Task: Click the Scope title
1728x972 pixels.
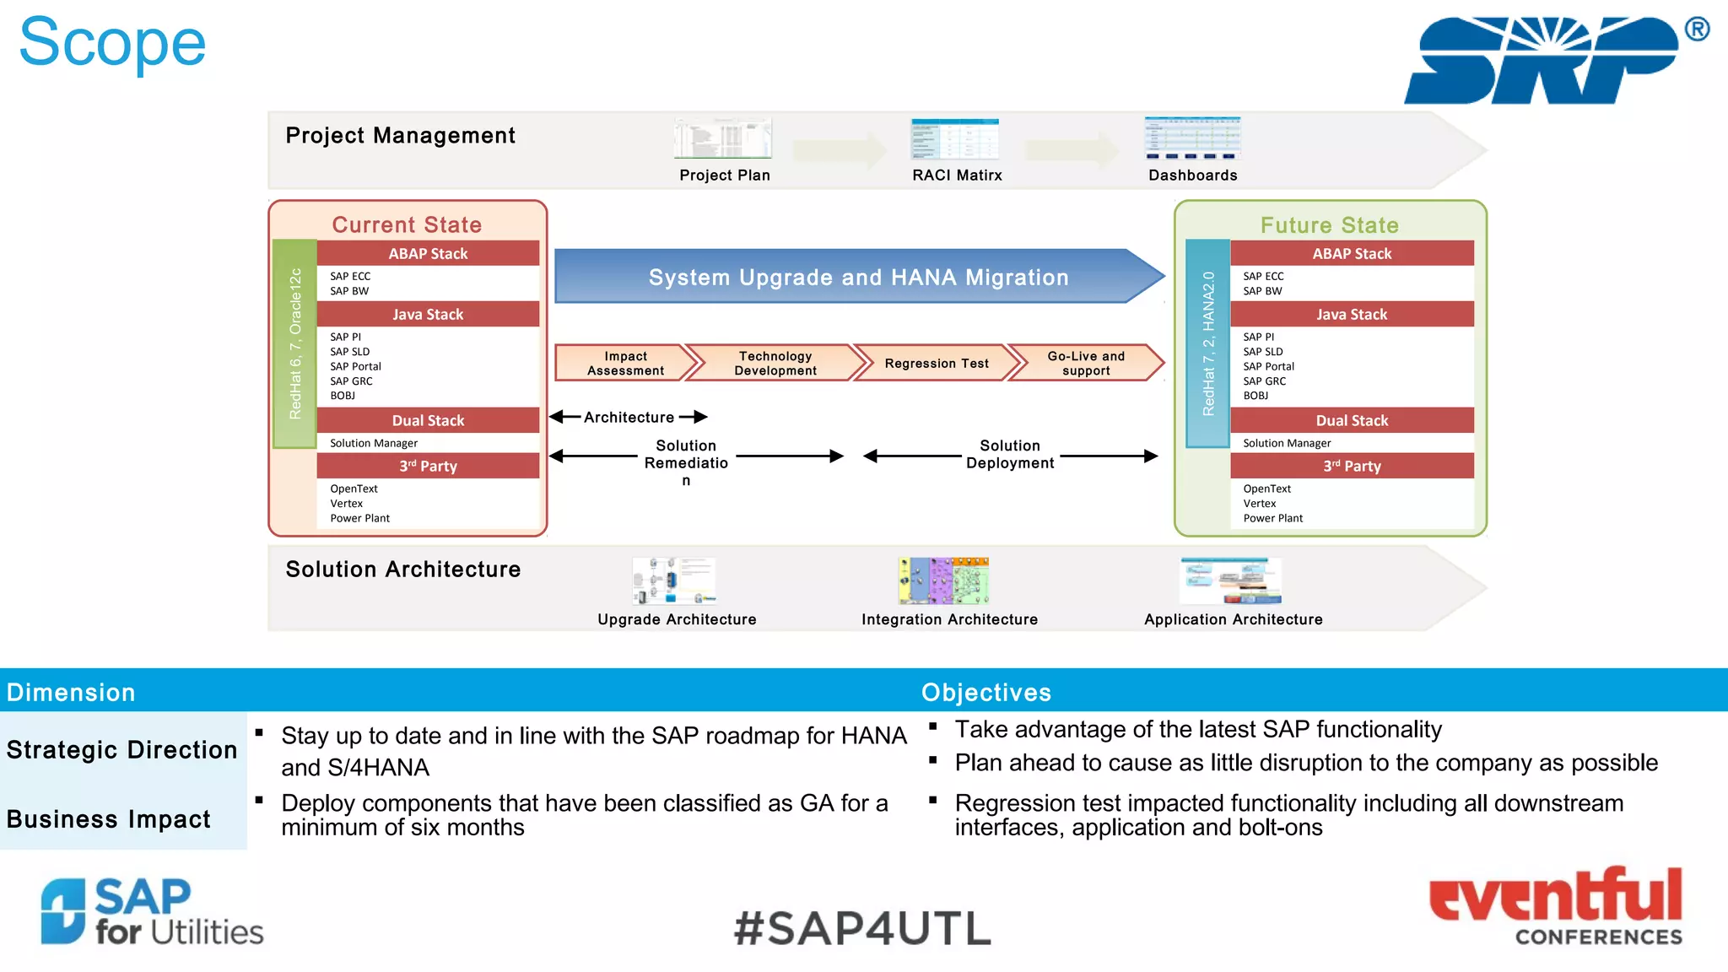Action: point(112,44)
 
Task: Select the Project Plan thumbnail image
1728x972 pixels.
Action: point(723,138)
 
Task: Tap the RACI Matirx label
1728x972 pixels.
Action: point(957,175)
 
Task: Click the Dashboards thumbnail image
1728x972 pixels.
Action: point(1192,138)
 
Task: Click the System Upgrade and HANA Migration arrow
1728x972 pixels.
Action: point(857,277)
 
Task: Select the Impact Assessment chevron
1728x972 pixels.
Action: point(625,363)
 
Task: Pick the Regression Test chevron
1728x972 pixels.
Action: point(936,363)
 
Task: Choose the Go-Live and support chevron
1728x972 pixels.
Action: point(1085,363)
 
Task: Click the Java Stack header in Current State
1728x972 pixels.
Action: point(428,314)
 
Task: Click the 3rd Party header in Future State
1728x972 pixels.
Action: point(1352,466)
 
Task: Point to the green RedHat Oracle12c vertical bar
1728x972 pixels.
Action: point(294,343)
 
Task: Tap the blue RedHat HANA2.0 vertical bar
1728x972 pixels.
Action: point(1207,343)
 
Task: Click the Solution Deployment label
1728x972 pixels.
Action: point(1009,454)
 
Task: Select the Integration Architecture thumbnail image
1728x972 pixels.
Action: point(943,580)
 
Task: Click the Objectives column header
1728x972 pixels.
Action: point(985,692)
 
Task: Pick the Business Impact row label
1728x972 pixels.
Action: point(109,818)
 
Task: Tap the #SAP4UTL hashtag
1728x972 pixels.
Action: point(862,928)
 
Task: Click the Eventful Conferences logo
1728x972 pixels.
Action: point(1555,904)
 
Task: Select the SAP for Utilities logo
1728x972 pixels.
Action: point(152,911)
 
